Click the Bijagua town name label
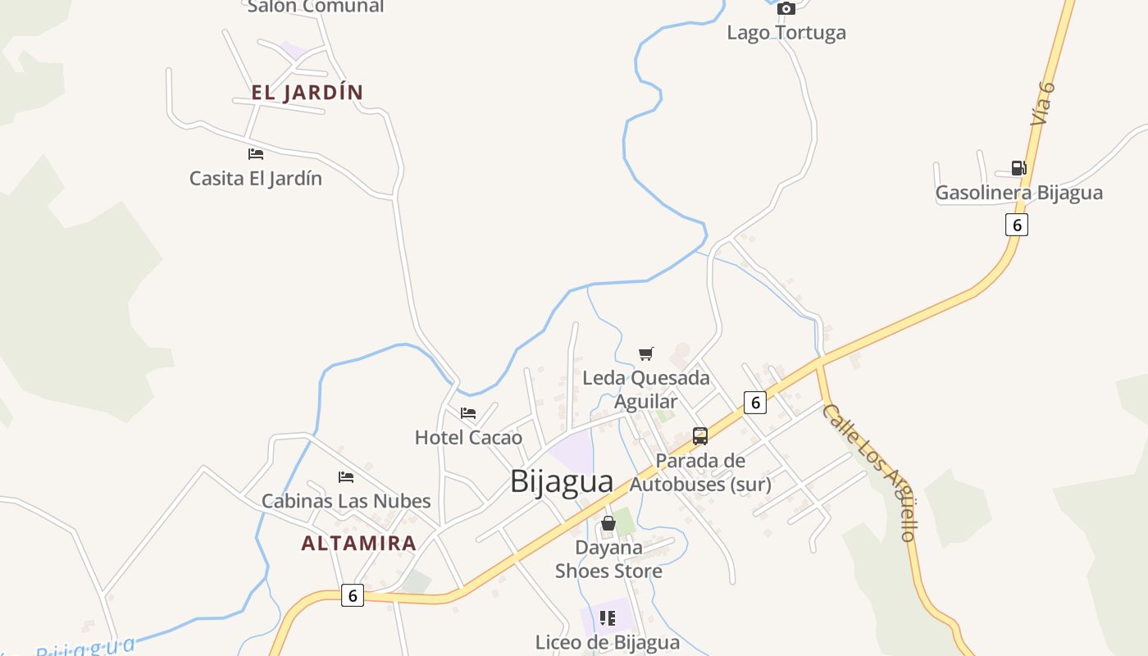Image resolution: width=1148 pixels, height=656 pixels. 561,481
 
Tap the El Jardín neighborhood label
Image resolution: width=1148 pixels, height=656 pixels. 307,93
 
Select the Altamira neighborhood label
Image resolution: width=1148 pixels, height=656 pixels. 358,543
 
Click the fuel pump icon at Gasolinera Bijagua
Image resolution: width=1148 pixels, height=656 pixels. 1018,168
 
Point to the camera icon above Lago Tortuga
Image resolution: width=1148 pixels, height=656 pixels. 786,9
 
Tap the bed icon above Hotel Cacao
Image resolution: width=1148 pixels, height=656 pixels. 468,413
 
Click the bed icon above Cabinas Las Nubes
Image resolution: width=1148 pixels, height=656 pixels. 346,477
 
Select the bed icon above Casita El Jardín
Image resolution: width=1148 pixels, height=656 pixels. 256,154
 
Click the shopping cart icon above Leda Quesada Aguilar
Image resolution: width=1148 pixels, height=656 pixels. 646,354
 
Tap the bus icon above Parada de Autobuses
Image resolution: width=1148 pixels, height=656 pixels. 700,436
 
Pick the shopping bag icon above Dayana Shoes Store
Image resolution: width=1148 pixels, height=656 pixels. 608,523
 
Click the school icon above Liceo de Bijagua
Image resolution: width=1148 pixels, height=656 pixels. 608,618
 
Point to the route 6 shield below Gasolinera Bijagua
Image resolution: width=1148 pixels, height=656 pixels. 1017,225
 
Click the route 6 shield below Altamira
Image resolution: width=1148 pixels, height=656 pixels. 353,596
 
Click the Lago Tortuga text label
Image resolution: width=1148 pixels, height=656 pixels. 786,33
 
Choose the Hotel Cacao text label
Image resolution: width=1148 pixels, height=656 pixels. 468,438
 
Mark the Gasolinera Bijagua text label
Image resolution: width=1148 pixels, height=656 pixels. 1018,194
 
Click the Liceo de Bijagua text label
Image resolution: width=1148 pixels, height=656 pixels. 608,643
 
